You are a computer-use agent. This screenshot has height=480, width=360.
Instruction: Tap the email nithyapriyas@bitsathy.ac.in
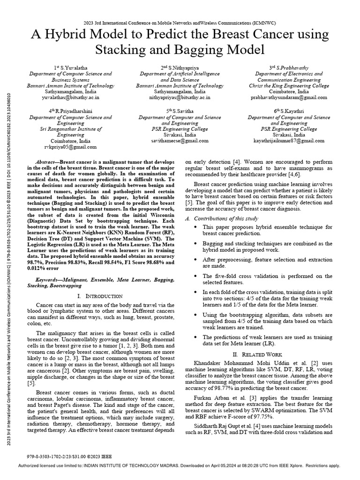tap(173, 98)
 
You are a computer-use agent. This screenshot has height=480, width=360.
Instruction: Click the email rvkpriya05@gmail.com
tap(70, 147)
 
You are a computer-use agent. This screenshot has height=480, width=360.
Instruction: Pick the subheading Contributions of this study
tap(230, 219)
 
